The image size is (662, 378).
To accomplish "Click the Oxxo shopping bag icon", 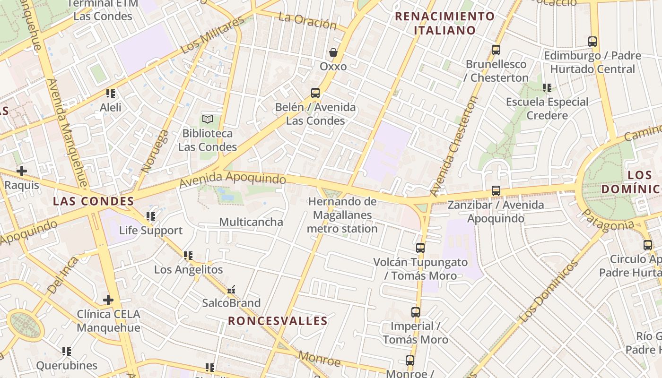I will [333, 52].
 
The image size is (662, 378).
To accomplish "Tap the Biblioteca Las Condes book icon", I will [207, 119].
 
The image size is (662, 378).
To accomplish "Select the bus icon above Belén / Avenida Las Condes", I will [315, 93].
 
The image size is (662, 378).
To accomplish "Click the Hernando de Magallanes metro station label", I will [342, 215].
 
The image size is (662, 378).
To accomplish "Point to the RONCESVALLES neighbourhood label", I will [278, 321].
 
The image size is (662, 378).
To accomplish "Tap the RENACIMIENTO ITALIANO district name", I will [444, 23].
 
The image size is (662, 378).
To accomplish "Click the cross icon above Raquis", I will [22, 171].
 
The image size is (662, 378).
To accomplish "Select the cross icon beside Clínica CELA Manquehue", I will [108, 300].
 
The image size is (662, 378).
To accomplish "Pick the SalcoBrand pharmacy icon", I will [231, 289].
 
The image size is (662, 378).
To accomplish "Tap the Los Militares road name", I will [213, 35].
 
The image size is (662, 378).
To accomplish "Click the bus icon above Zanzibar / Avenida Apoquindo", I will [496, 191].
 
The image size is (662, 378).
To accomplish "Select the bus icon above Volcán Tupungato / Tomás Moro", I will [420, 248].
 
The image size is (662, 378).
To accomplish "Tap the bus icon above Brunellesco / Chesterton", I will [496, 50].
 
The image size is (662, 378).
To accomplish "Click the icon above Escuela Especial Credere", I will [547, 88].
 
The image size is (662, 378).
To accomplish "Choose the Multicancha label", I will [251, 222].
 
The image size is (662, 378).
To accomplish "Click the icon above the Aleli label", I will [111, 94].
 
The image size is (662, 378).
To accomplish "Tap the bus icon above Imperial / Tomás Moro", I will [415, 312].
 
